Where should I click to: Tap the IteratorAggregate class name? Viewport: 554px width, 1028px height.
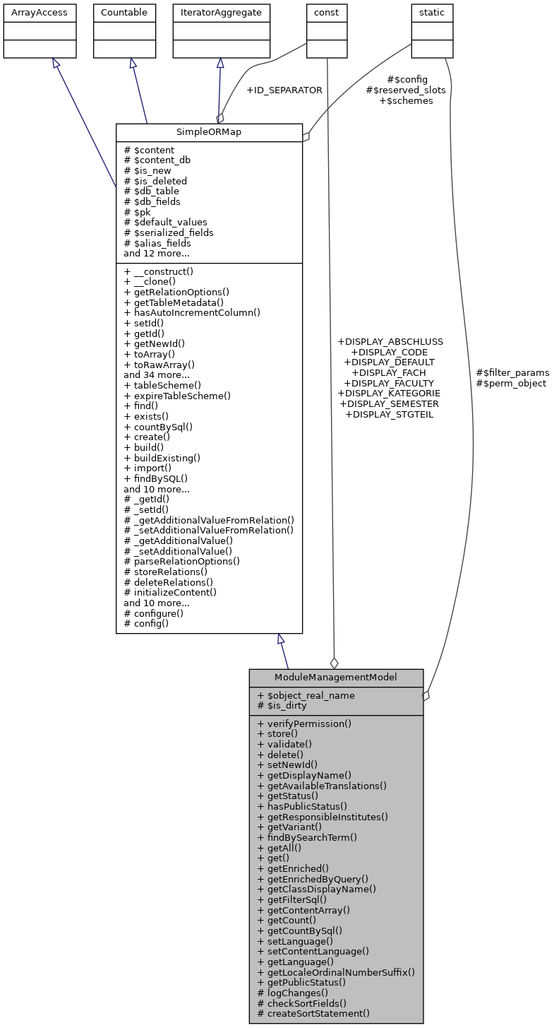221,13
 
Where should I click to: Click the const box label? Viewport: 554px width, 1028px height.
327,13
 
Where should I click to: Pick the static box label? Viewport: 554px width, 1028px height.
432,13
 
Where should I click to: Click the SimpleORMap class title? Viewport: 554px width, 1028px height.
209,132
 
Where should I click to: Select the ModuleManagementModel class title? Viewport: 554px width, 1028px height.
336,677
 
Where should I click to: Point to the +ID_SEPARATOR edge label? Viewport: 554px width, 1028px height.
284,90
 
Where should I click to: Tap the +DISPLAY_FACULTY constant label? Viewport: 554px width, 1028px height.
389,382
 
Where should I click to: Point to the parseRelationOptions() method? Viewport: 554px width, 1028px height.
182,562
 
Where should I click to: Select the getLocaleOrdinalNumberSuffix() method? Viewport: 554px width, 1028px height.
336,971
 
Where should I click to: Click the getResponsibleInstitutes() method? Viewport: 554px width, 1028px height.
323,816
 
